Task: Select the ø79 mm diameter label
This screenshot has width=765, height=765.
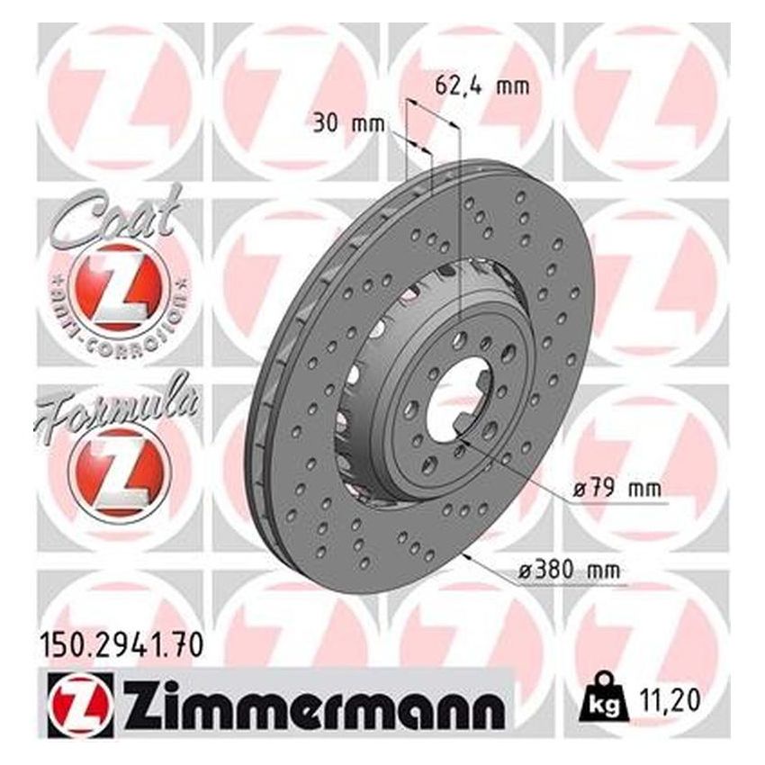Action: click(616, 490)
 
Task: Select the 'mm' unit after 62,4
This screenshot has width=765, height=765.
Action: click(512, 87)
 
